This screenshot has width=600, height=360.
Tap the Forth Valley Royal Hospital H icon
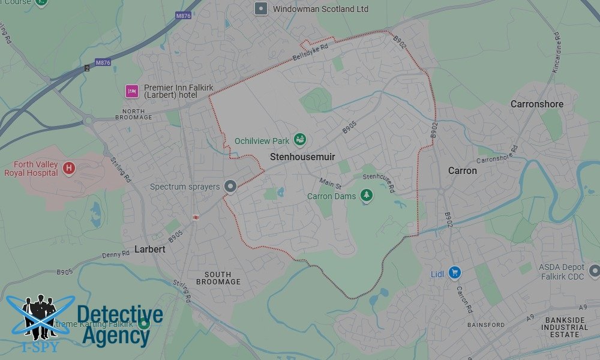(x=68, y=168)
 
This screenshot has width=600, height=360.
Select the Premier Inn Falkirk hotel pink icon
(x=132, y=91)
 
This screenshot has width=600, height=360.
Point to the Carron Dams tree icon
(x=366, y=196)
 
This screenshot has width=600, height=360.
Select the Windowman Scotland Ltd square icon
(x=260, y=8)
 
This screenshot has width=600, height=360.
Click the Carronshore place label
(x=536, y=104)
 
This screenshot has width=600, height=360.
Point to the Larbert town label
(x=149, y=248)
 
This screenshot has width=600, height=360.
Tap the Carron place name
(x=463, y=170)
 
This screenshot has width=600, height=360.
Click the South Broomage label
(x=218, y=278)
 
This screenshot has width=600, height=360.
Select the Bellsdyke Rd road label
(x=310, y=53)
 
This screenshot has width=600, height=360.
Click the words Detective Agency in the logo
(x=119, y=326)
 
